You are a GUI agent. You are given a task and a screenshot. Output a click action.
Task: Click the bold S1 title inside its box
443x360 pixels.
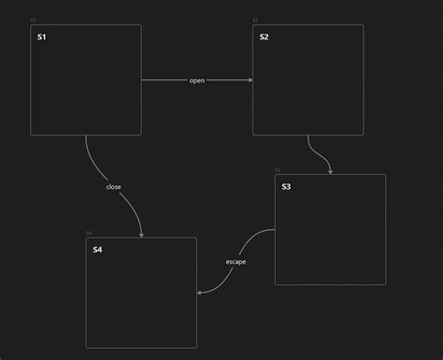(41, 37)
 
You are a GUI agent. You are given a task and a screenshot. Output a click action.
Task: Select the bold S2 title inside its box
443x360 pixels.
(264, 37)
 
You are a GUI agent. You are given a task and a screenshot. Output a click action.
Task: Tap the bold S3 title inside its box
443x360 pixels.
(286, 187)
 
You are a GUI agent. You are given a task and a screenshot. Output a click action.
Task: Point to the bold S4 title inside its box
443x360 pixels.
(97, 250)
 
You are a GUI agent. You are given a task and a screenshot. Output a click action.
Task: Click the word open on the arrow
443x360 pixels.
(197, 80)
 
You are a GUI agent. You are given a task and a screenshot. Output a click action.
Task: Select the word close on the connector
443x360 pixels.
(113, 187)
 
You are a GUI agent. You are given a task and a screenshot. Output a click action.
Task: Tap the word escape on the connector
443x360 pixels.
(236, 262)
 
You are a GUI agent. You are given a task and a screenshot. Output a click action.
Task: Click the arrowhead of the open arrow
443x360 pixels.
(250, 80)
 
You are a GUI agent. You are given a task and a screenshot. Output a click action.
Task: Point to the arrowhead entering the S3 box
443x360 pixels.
(330, 171)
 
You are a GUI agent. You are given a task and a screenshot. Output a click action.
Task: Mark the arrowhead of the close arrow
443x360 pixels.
(141, 235)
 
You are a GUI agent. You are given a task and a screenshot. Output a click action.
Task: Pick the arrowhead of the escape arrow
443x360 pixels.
(200, 293)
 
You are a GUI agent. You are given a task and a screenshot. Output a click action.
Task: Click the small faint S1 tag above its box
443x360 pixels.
(33, 20)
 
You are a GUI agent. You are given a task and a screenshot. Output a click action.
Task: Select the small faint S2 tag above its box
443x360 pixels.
(255, 20)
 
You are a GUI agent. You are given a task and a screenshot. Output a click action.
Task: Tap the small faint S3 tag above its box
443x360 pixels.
(278, 170)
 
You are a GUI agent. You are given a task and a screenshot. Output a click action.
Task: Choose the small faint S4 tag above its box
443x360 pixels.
(89, 233)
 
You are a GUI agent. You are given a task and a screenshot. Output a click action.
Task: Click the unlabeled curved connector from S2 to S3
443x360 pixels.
(318, 152)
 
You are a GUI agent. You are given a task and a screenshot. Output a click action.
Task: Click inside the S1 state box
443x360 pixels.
(86, 89)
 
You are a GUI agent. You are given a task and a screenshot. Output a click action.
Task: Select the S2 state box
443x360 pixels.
(307, 89)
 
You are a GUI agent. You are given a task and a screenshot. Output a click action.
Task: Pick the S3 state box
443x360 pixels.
(330, 238)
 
